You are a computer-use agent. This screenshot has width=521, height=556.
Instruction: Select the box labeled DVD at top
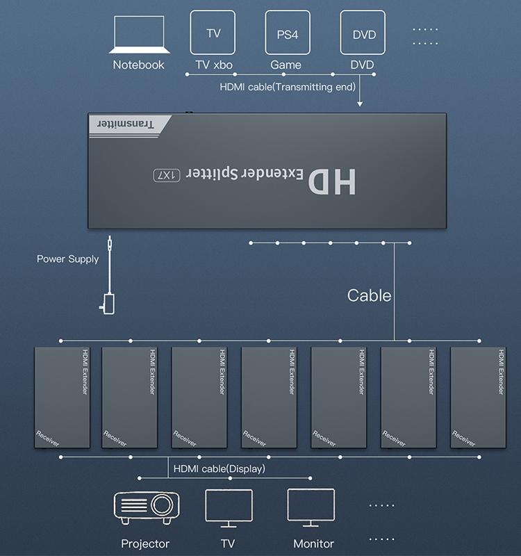(x=363, y=33)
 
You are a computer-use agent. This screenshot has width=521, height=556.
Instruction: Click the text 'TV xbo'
(x=213, y=65)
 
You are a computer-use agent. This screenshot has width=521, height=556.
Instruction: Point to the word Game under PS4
(x=286, y=65)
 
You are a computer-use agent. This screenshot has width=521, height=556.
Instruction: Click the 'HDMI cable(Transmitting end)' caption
(x=288, y=87)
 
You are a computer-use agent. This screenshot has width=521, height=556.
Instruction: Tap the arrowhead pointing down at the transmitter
(x=360, y=104)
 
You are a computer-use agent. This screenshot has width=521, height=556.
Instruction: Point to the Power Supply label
(x=68, y=259)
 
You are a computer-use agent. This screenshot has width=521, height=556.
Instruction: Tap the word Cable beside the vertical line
(x=369, y=295)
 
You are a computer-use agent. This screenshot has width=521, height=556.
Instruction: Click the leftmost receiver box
(x=62, y=397)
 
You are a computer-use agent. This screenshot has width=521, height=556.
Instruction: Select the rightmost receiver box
(x=477, y=397)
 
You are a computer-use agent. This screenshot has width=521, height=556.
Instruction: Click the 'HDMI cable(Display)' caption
(x=219, y=469)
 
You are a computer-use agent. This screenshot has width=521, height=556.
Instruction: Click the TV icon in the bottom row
(x=229, y=509)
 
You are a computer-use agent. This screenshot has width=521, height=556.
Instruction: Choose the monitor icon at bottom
(x=311, y=509)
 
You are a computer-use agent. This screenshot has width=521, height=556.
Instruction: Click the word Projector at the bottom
(x=145, y=543)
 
